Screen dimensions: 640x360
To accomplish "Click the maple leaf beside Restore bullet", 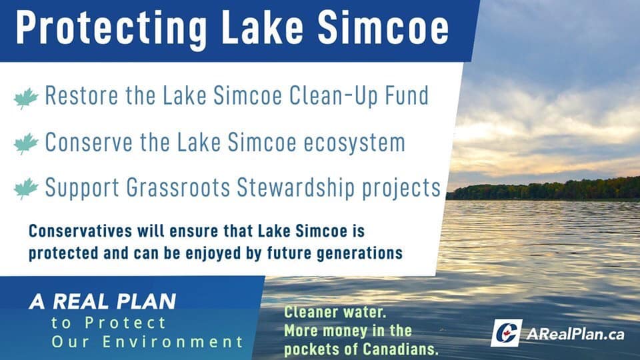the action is pyautogui.click(x=26, y=98).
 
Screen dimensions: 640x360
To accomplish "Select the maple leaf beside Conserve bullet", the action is pyautogui.click(x=26, y=144).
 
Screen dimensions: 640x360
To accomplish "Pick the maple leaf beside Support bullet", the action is pyautogui.click(x=26, y=189).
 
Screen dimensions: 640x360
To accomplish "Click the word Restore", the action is pyautogui.click(x=81, y=95).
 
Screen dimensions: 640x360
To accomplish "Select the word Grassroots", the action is pyautogui.click(x=179, y=188).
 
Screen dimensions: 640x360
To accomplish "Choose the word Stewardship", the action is pyautogui.click(x=295, y=188).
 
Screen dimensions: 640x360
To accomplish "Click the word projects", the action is pyautogui.click(x=401, y=189).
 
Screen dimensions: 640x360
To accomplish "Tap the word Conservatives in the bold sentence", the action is pyautogui.click(x=81, y=231).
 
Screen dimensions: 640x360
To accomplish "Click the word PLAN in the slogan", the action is pyautogui.click(x=146, y=301).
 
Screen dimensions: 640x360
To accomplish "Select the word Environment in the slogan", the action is pyautogui.click(x=173, y=341).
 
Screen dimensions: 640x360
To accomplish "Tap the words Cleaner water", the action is pyautogui.click(x=335, y=312).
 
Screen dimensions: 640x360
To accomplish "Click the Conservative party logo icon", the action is pyautogui.click(x=506, y=333).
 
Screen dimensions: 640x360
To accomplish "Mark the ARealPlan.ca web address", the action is pyautogui.click(x=575, y=334).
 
